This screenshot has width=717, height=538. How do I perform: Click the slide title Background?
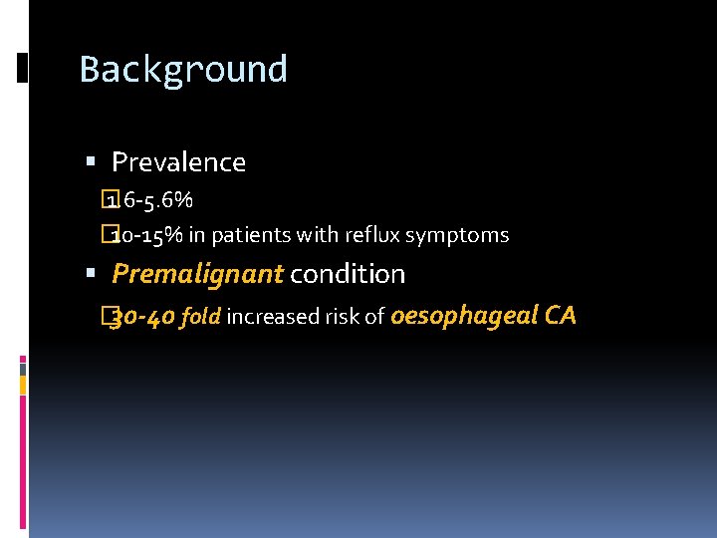(x=183, y=69)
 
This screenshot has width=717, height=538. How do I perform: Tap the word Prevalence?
(x=178, y=161)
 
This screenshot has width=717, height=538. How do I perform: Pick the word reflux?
(x=370, y=236)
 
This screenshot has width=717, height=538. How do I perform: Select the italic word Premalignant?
(x=197, y=273)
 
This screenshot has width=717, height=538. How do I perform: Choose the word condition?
(x=348, y=273)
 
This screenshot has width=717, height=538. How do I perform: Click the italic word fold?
(x=202, y=318)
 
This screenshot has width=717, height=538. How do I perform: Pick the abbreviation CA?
(x=559, y=316)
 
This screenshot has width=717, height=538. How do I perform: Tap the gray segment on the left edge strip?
(x=23, y=369)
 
